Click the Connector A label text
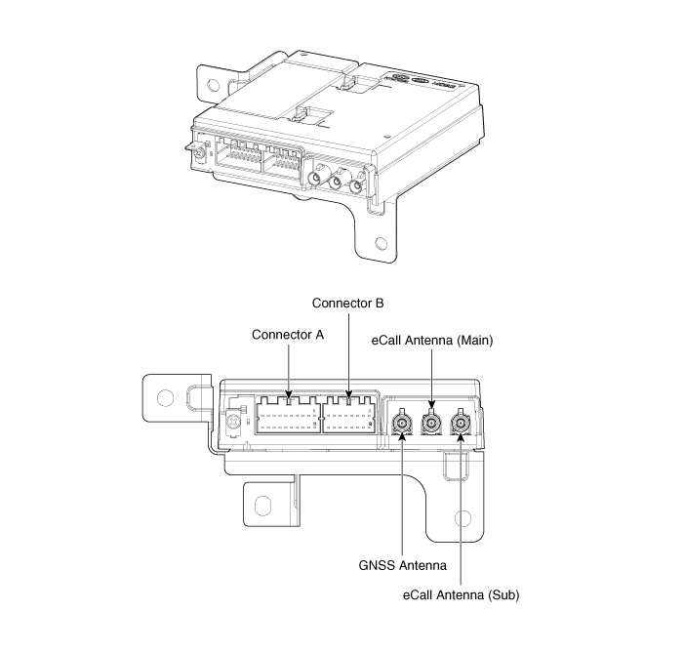tap(288, 335)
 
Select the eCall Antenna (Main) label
tap(433, 341)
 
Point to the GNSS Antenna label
tap(402, 564)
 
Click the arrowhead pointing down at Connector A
tap(288, 393)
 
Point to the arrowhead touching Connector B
tap(348, 393)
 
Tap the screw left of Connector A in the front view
tap(233, 425)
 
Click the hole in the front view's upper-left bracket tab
tap(165, 397)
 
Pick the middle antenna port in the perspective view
tap(338, 182)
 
